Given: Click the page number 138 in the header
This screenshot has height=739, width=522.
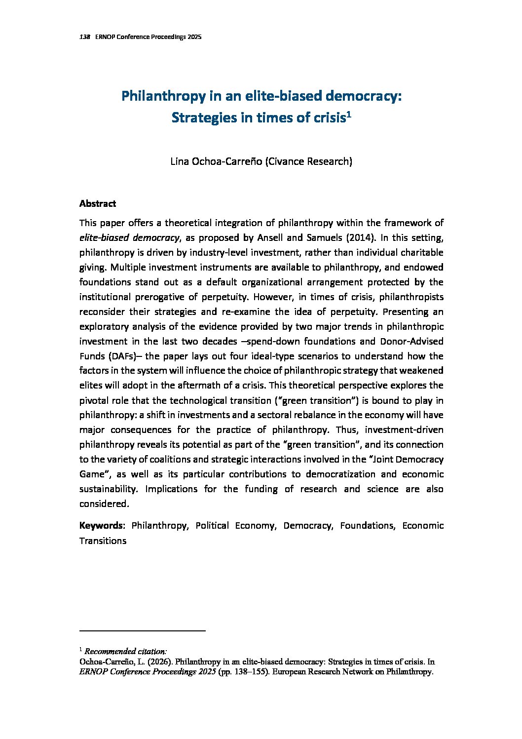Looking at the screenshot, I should point(84,38).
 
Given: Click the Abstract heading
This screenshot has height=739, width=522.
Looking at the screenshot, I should point(98,203).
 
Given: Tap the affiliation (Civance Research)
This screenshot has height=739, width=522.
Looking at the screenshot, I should point(309,161).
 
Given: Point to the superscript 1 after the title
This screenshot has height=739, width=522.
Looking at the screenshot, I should point(348,115).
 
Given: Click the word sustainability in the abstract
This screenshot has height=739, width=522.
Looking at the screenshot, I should point(108,489).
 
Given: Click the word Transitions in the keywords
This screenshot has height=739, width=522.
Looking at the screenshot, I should point(103,541).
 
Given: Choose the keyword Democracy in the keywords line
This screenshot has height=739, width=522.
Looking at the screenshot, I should point(307,526).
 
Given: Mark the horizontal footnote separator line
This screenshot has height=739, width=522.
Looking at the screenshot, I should point(142,631).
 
